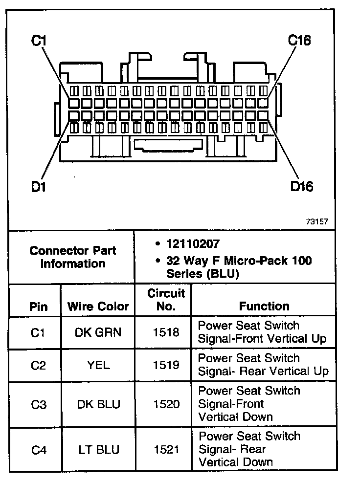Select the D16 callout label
(302, 186)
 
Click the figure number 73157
(317, 221)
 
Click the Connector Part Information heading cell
(73, 257)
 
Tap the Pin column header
(39, 307)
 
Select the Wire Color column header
(98, 307)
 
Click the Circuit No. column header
(166, 300)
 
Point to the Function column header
(264, 307)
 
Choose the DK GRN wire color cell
(98, 332)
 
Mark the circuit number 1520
(166, 404)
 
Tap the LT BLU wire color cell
(98, 449)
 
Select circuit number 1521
(166, 449)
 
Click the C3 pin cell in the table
(38, 404)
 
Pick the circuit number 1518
(166, 332)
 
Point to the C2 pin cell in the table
(38, 365)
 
